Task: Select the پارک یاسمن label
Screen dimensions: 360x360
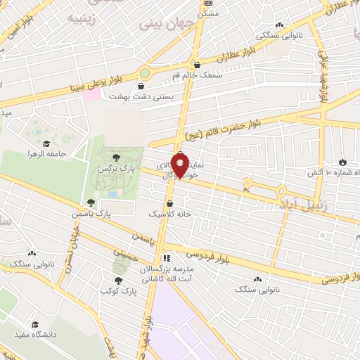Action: click(91, 212)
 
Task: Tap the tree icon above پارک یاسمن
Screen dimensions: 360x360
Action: click(91, 202)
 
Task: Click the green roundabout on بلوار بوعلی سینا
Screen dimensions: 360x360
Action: click(146, 72)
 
